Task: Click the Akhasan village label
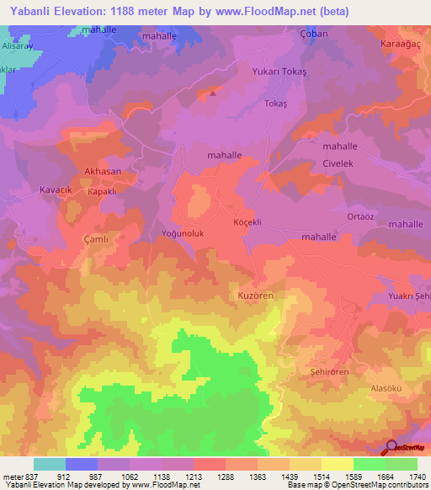(103, 171)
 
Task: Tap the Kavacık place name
(57, 190)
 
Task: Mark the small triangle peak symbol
(212, 93)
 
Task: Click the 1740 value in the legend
(416, 477)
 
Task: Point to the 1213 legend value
(193, 477)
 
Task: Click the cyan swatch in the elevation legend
(50, 464)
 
